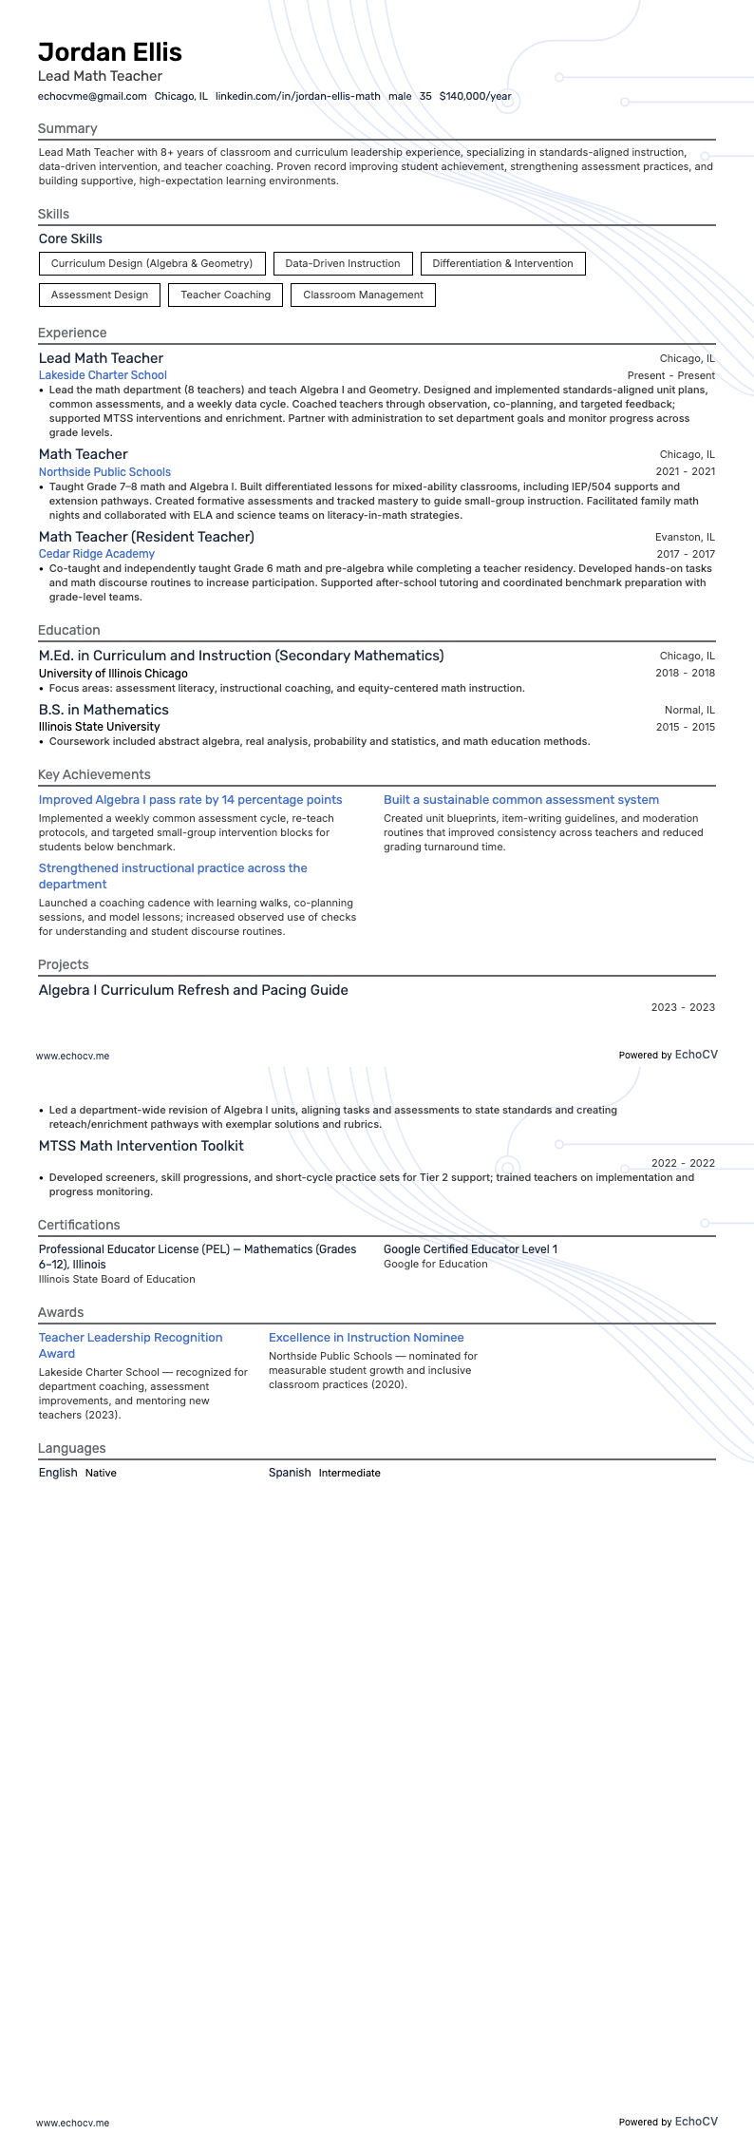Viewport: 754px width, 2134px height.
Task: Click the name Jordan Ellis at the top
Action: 110,52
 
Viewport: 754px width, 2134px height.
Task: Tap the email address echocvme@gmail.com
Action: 92,96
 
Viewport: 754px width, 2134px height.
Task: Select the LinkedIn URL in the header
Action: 297,96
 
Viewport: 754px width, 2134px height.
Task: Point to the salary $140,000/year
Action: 475,96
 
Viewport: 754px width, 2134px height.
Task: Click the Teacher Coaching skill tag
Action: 226,295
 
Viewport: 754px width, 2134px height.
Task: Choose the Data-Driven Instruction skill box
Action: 343,263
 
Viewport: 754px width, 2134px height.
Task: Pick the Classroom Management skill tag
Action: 363,295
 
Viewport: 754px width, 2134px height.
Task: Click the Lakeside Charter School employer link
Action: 103,375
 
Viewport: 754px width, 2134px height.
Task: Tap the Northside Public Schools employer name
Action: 104,471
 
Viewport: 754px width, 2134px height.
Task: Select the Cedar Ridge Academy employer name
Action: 97,554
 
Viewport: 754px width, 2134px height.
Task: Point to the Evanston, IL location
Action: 685,537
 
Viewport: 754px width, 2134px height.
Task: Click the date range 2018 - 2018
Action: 685,673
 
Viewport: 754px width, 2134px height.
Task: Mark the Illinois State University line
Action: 99,727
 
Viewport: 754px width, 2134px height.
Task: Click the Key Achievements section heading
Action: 94,774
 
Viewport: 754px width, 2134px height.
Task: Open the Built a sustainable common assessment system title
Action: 521,800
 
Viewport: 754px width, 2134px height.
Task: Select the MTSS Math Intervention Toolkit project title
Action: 141,1146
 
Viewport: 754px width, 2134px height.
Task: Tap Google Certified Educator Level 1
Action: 470,1249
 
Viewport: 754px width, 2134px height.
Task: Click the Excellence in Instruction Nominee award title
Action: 366,1338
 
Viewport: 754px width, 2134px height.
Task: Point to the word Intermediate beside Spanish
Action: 349,1473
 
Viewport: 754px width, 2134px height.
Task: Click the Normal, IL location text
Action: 689,710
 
